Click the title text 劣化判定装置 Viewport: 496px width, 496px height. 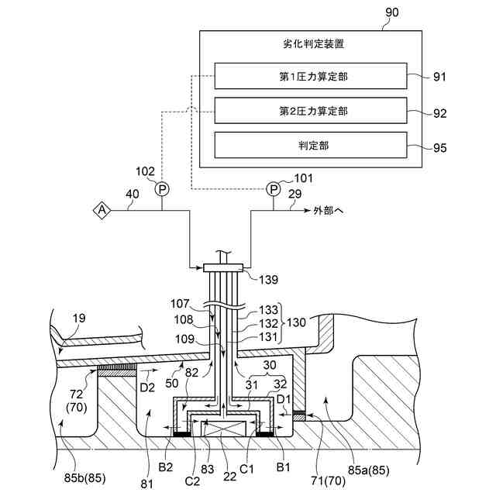tap(313, 43)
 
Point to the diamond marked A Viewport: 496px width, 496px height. tap(102, 210)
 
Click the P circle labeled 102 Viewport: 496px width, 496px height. tap(162, 189)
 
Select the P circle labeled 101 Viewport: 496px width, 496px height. tap(274, 189)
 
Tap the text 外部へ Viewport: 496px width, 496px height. tap(328, 210)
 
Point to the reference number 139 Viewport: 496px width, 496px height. tap(269, 280)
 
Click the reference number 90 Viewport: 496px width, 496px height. tap(391, 12)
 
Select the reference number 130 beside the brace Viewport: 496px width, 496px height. tap(296, 322)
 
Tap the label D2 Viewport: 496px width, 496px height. tap(147, 387)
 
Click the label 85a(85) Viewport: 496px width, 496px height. tap(369, 470)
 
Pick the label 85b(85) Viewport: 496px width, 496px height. tap(84, 477)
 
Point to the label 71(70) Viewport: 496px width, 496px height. tap(328, 480)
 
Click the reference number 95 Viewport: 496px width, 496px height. tap(439, 148)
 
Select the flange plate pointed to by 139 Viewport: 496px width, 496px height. tap(223, 268)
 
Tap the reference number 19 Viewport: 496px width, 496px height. tap(79, 318)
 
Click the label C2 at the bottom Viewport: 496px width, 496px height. tap(192, 480)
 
